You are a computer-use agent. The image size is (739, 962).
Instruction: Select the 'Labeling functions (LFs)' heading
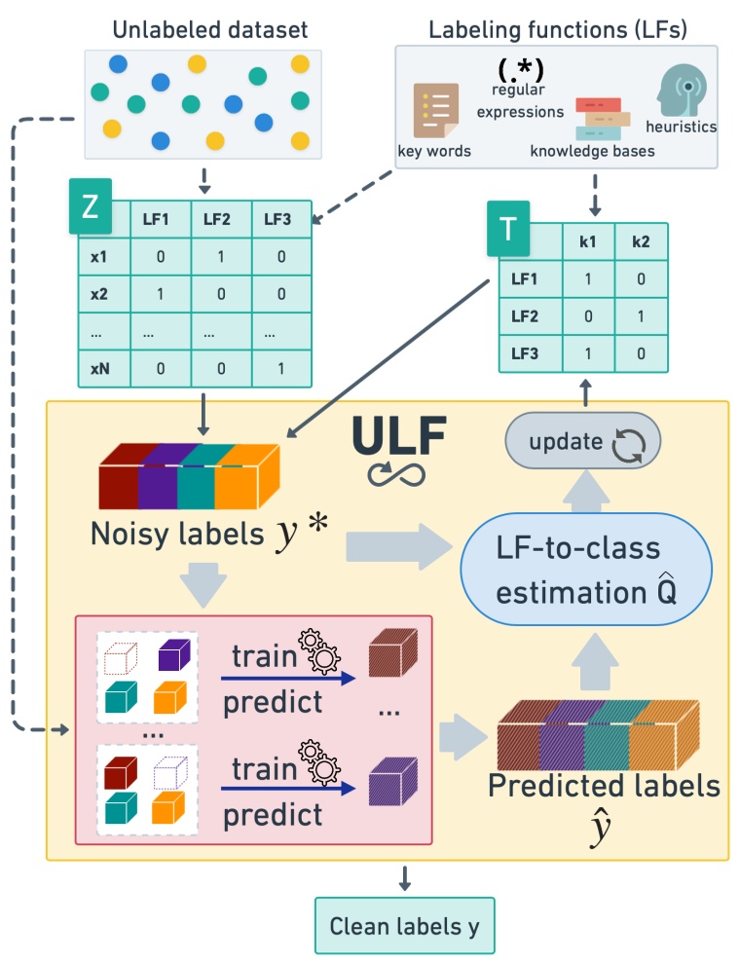pyautogui.click(x=558, y=29)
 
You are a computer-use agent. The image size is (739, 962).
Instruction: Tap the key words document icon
pyautogui.click(x=434, y=110)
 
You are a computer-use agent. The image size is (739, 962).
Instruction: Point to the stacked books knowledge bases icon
pyautogui.click(x=601, y=119)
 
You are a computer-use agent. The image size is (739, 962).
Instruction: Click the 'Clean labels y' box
pyautogui.click(x=404, y=925)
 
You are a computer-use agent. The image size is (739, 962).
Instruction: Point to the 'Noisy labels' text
pyautogui.click(x=180, y=534)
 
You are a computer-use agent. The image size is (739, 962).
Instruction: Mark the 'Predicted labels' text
pyautogui.click(x=604, y=785)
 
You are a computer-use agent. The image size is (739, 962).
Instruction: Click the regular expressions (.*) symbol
pyautogui.click(x=520, y=69)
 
